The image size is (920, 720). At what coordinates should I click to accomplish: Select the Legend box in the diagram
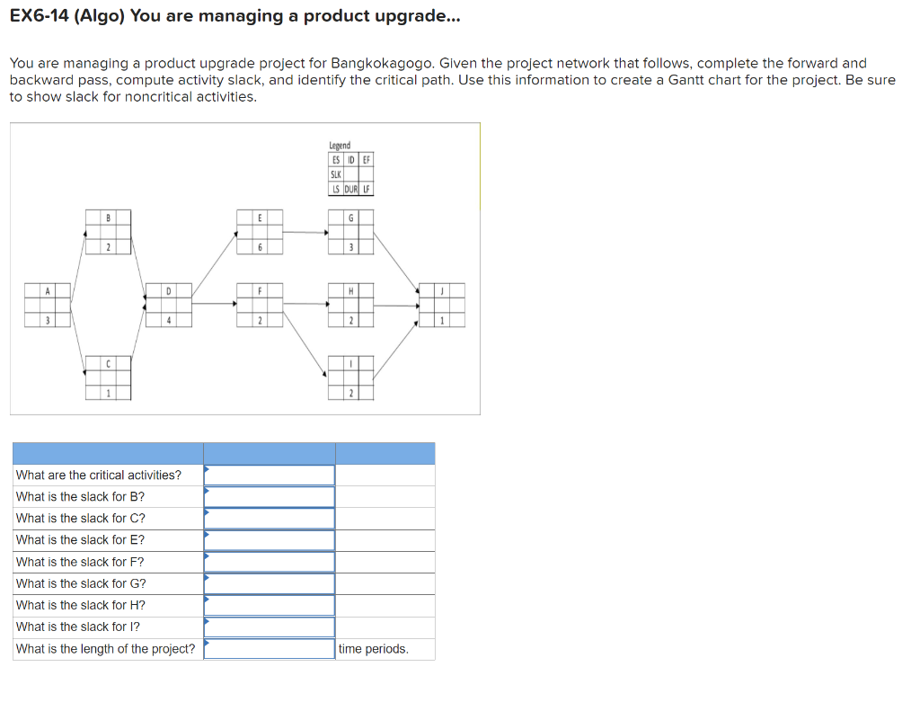350,169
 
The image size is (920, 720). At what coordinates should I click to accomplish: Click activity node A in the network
49,305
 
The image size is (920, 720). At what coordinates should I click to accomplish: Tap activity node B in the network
108,231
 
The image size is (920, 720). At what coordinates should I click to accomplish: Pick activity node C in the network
108,378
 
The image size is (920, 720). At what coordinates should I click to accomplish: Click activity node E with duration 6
260,231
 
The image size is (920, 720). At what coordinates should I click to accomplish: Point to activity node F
260,305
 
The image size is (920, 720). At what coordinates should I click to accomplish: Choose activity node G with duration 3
350,232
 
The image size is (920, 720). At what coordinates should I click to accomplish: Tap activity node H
350,305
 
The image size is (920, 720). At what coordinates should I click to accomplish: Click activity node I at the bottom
350,378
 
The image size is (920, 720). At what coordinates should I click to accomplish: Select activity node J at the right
442,305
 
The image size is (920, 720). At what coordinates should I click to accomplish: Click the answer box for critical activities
270,475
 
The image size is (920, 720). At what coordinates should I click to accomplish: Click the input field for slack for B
270,496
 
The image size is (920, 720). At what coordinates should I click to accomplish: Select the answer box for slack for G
270,583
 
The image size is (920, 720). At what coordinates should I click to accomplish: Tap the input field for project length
270,649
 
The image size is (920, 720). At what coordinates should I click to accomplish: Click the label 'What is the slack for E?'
80,540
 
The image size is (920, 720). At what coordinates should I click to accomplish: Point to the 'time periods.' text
373,649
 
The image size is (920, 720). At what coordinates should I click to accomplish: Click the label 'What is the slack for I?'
78,627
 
